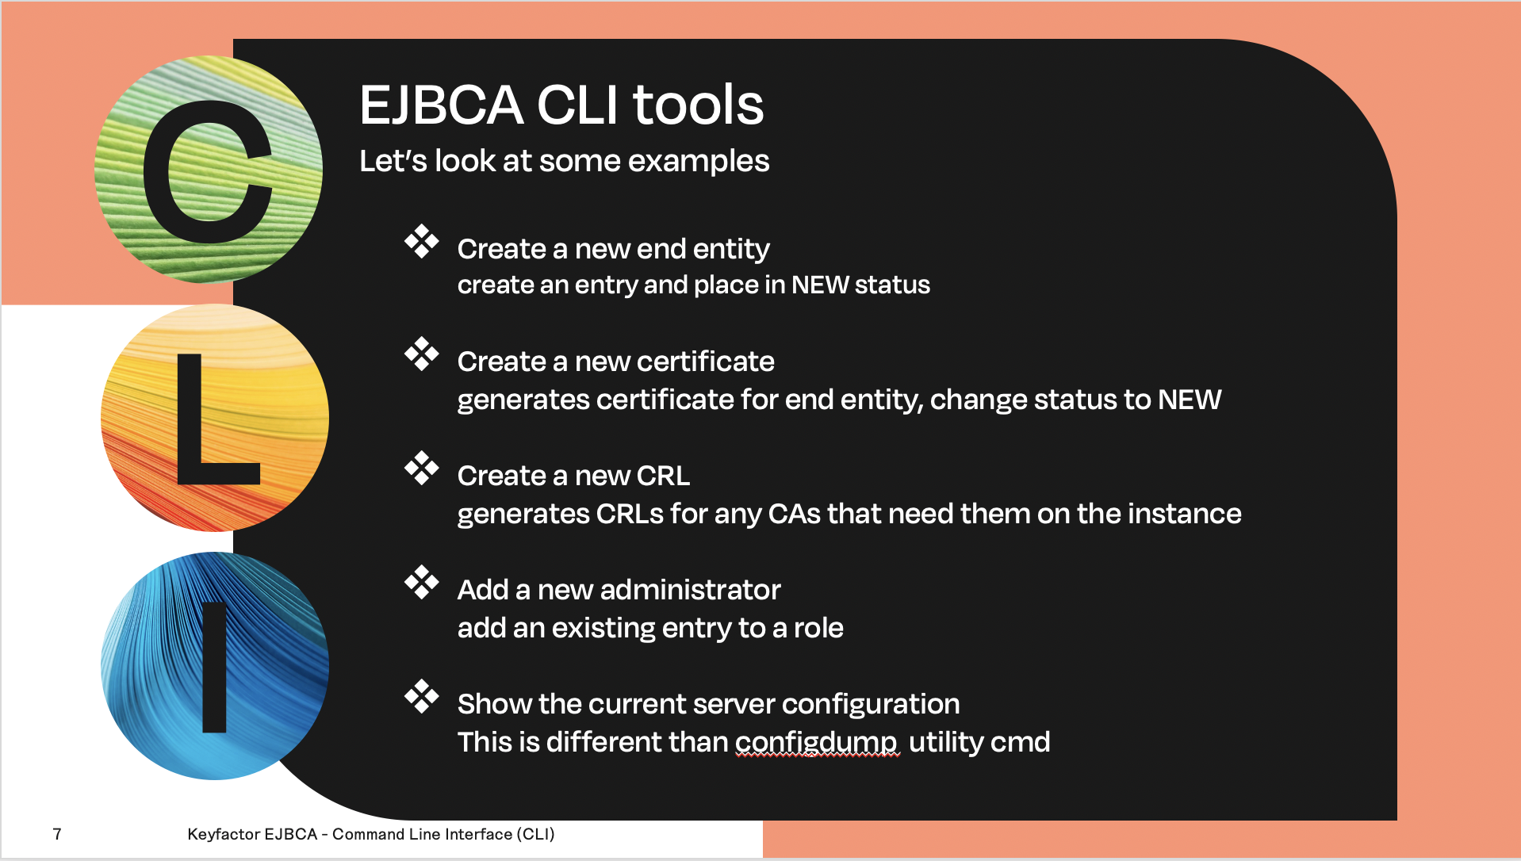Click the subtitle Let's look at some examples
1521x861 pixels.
(x=564, y=161)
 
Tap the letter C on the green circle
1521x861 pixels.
(x=209, y=173)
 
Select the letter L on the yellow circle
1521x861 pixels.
(x=217, y=419)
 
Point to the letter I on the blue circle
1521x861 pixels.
(x=215, y=666)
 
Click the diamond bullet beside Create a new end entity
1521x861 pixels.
(x=421, y=241)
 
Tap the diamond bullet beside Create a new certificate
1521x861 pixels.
(x=421, y=354)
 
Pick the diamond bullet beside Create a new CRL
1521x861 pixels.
(x=421, y=468)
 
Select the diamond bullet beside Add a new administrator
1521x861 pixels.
(x=421, y=582)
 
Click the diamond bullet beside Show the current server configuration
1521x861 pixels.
(x=421, y=696)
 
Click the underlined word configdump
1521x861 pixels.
(x=816, y=743)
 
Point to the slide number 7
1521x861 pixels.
(x=57, y=834)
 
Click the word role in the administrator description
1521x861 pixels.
(x=818, y=628)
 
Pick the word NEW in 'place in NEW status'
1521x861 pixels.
(x=820, y=285)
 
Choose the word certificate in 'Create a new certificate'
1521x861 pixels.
(x=706, y=362)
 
